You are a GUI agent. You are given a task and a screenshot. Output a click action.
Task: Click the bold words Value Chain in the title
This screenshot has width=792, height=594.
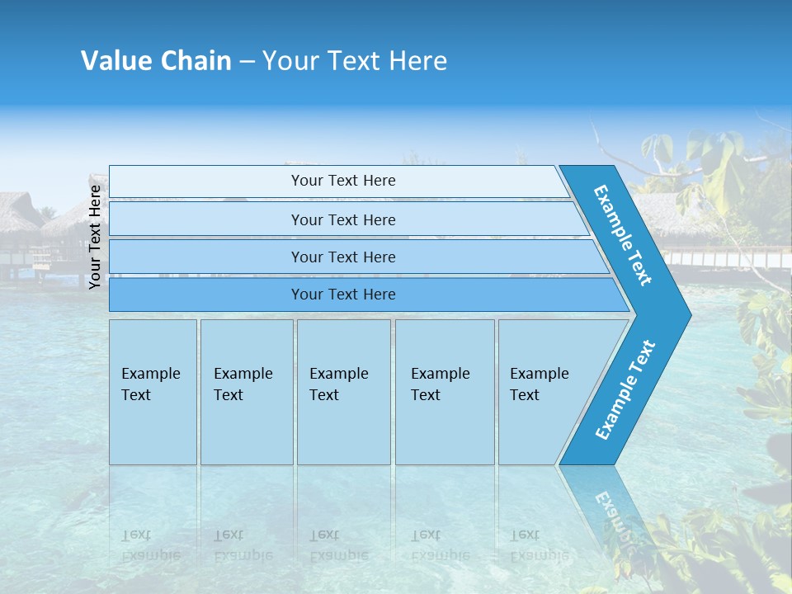pyautogui.click(x=156, y=61)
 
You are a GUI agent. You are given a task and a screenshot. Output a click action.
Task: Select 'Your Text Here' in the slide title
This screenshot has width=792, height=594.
pyautogui.click(x=355, y=61)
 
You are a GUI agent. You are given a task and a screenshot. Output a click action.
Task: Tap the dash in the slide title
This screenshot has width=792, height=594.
pyautogui.click(x=247, y=62)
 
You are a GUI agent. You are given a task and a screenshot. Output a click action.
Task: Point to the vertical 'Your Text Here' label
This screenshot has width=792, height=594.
pyautogui.click(x=95, y=237)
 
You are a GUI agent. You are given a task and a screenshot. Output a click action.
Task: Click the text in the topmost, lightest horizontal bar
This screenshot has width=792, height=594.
pyautogui.click(x=343, y=181)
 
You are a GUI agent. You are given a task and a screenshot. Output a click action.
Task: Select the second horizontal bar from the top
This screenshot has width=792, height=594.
pyautogui.click(x=343, y=219)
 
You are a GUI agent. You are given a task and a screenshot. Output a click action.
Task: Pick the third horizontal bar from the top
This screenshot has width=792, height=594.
pyautogui.click(x=343, y=257)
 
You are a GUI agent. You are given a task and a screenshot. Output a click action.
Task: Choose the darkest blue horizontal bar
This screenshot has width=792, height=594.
pyautogui.click(x=343, y=295)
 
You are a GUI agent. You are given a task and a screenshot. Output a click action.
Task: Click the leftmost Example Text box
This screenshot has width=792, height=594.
pyautogui.click(x=153, y=392)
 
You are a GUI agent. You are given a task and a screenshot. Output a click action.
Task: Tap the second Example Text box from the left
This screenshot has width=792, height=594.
pyautogui.click(x=246, y=392)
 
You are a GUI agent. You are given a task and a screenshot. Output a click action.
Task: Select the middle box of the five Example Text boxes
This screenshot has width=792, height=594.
pyautogui.click(x=343, y=392)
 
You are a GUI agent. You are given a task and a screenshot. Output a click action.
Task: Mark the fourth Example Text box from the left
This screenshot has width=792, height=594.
pyautogui.click(x=444, y=392)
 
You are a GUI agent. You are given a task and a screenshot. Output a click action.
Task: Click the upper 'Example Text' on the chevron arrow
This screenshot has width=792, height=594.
pyautogui.click(x=623, y=235)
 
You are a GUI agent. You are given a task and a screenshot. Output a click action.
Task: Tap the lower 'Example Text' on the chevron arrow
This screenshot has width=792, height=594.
pyautogui.click(x=625, y=390)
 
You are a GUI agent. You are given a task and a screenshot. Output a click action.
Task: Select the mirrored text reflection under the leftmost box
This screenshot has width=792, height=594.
pyautogui.click(x=151, y=545)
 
